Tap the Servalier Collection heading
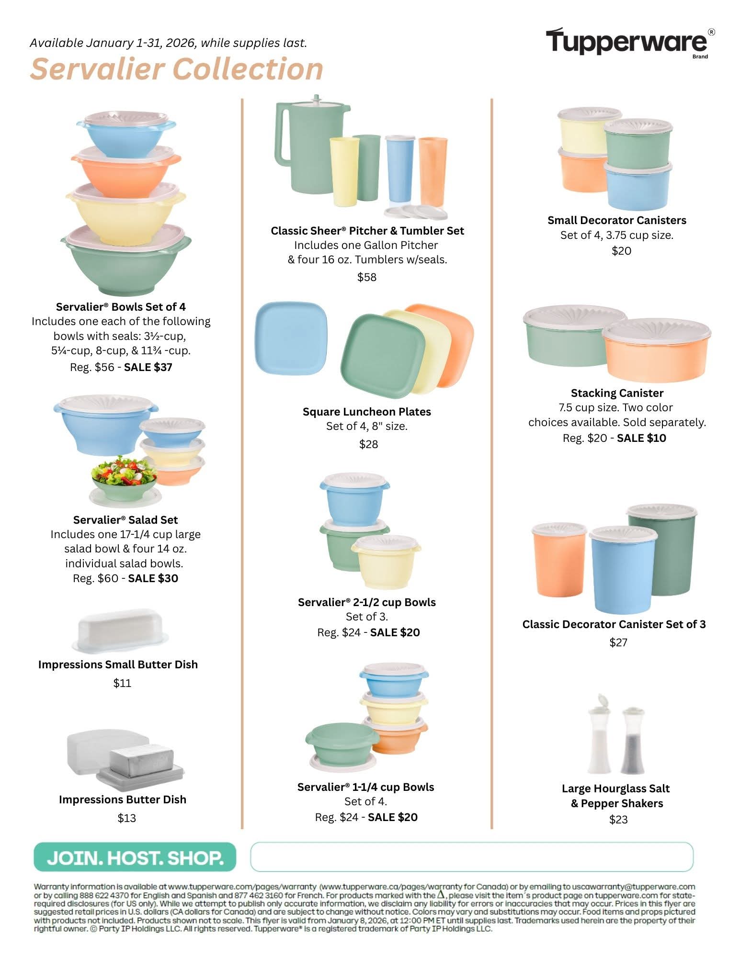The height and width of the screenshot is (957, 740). [177, 68]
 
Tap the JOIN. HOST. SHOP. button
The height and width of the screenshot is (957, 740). [135, 857]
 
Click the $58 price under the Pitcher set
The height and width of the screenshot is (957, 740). [367, 277]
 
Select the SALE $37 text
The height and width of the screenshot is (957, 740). [148, 367]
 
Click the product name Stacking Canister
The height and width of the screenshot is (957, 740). [617, 393]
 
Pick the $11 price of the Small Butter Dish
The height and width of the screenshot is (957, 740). [122, 683]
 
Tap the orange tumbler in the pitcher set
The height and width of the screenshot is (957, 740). [433, 171]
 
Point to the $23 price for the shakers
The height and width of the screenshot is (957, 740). [618, 820]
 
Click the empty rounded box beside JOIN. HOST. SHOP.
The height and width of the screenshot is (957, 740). [472, 857]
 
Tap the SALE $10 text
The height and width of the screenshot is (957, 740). [641, 438]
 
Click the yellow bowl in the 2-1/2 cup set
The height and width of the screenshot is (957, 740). [386, 561]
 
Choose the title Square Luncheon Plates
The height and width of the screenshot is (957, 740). [367, 412]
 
